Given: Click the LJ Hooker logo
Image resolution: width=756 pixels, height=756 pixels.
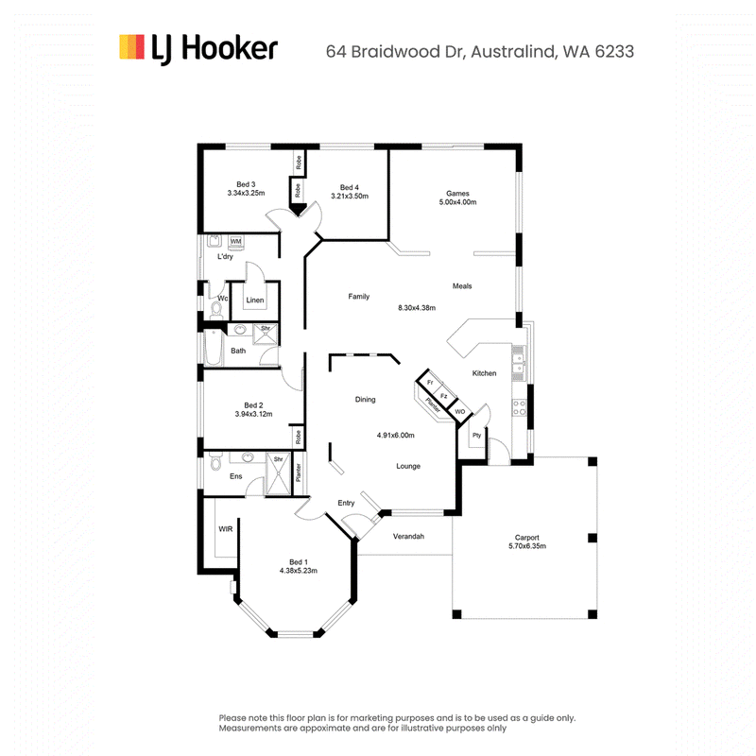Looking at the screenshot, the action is pos(198,48).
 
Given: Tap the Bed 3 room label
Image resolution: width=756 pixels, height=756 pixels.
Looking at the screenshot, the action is pos(246,184).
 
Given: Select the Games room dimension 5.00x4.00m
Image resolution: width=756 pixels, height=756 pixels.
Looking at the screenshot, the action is pos(457,202).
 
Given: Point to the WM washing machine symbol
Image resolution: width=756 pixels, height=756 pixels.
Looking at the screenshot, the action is pos(235,241).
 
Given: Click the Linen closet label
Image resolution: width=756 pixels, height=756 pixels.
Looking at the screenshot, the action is pos(255,300).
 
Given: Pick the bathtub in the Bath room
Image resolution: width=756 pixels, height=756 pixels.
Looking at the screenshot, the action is pos(213,347).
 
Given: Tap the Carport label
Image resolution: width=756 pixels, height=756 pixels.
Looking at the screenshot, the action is pos(527,537).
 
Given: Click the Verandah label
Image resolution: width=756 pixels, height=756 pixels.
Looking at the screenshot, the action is pos(408,536).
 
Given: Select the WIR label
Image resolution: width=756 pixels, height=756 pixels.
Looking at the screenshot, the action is pos(226,529).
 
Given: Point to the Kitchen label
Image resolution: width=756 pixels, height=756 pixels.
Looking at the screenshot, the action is pos(484,373).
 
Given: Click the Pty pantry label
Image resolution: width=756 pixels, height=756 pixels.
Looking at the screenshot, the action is pos(477,435).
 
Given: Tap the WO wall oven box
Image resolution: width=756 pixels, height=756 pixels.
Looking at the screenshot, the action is pos(460,411).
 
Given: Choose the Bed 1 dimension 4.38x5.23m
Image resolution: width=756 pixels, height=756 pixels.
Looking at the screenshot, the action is pos(299,571).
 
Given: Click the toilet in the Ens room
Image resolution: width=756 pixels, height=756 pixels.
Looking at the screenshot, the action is pos(215,461).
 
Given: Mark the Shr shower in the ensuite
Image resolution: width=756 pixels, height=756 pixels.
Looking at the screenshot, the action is pos(279,473).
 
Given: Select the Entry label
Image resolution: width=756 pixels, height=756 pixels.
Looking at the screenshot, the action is pos(346,503).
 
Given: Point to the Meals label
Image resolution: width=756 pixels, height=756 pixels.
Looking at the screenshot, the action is pos(462,286).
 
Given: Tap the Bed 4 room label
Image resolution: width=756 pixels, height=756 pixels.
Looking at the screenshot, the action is pos(350,187).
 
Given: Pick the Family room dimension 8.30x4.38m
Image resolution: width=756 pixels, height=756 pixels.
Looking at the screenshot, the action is pos(417,308).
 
